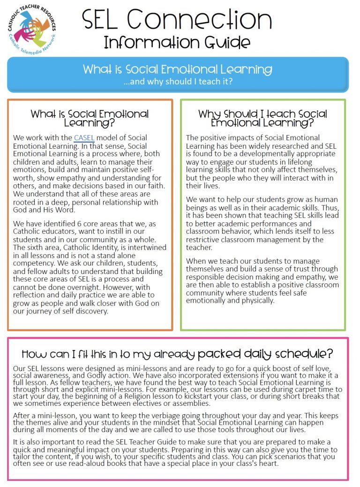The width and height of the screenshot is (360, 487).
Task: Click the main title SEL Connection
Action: (x=177, y=20)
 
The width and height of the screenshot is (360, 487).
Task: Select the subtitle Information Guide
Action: (x=177, y=42)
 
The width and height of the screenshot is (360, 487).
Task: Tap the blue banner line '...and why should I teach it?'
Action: (x=178, y=81)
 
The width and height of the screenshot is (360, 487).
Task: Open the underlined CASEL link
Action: (x=84, y=138)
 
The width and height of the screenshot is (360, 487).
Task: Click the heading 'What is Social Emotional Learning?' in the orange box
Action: (x=90, y=118)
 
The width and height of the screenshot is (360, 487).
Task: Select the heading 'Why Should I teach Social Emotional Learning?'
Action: (x=262, y=118)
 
